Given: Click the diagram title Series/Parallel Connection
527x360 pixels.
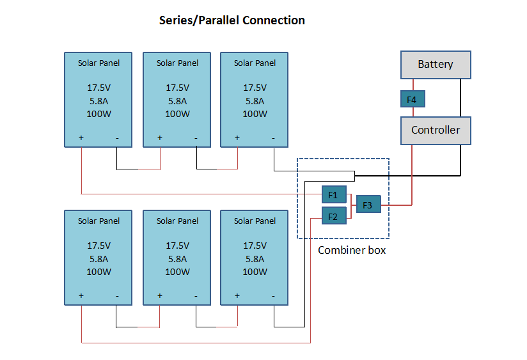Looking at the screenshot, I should click(232, 20).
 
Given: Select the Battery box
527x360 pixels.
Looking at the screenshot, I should click(436, 65).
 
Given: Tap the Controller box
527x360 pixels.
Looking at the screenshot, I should click(436, 130).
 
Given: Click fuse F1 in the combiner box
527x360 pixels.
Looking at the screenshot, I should click(333, 194).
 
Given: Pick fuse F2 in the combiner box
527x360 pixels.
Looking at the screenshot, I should click(333, 217).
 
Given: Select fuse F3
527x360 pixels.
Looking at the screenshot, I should click(368, 205).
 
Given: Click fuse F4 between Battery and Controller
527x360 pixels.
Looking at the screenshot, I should click(413, 100).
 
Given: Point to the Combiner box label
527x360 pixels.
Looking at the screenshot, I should click(352, 251).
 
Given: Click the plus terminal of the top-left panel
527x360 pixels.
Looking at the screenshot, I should click(82, 138).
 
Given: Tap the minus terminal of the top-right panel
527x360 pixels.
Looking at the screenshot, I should click(273, 138).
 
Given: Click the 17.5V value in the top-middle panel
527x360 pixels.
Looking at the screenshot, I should click(177, 88).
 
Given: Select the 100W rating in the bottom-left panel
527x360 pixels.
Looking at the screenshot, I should click(98, 272).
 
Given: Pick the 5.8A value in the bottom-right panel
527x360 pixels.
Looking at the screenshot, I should click(255, 259).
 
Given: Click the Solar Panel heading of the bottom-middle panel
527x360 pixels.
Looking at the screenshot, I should click(177, 221).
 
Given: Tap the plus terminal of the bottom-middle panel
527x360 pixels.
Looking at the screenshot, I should click(159, 296).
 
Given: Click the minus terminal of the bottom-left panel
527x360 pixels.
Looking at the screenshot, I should click(117, 296).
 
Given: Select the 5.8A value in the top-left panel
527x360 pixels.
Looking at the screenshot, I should click(98, 101).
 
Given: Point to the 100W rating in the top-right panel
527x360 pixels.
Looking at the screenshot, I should click(255, 114).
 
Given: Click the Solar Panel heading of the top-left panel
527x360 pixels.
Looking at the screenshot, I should click(98, 63).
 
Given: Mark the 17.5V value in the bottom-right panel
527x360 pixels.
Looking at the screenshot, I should click(255, 246).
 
